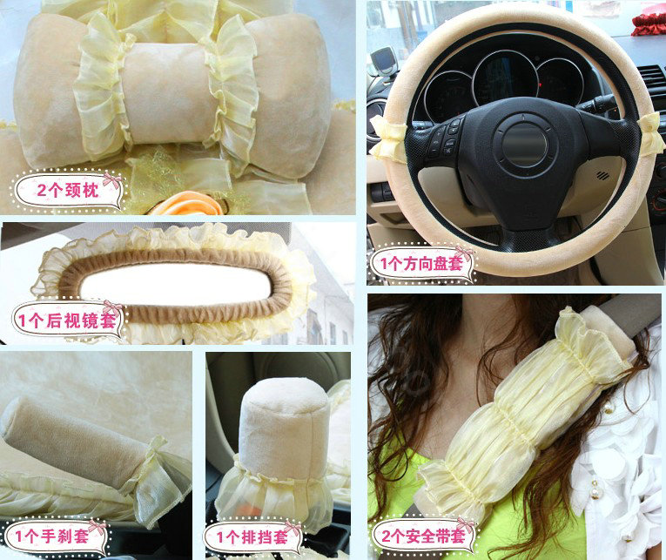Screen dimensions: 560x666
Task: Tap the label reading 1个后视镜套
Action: [66, 320]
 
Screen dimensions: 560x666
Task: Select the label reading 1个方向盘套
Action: [421, 263]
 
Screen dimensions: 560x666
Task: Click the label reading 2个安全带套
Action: [421, 534]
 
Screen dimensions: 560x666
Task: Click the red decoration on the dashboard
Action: [648, 23]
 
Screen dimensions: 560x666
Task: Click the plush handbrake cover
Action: [78, 444]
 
